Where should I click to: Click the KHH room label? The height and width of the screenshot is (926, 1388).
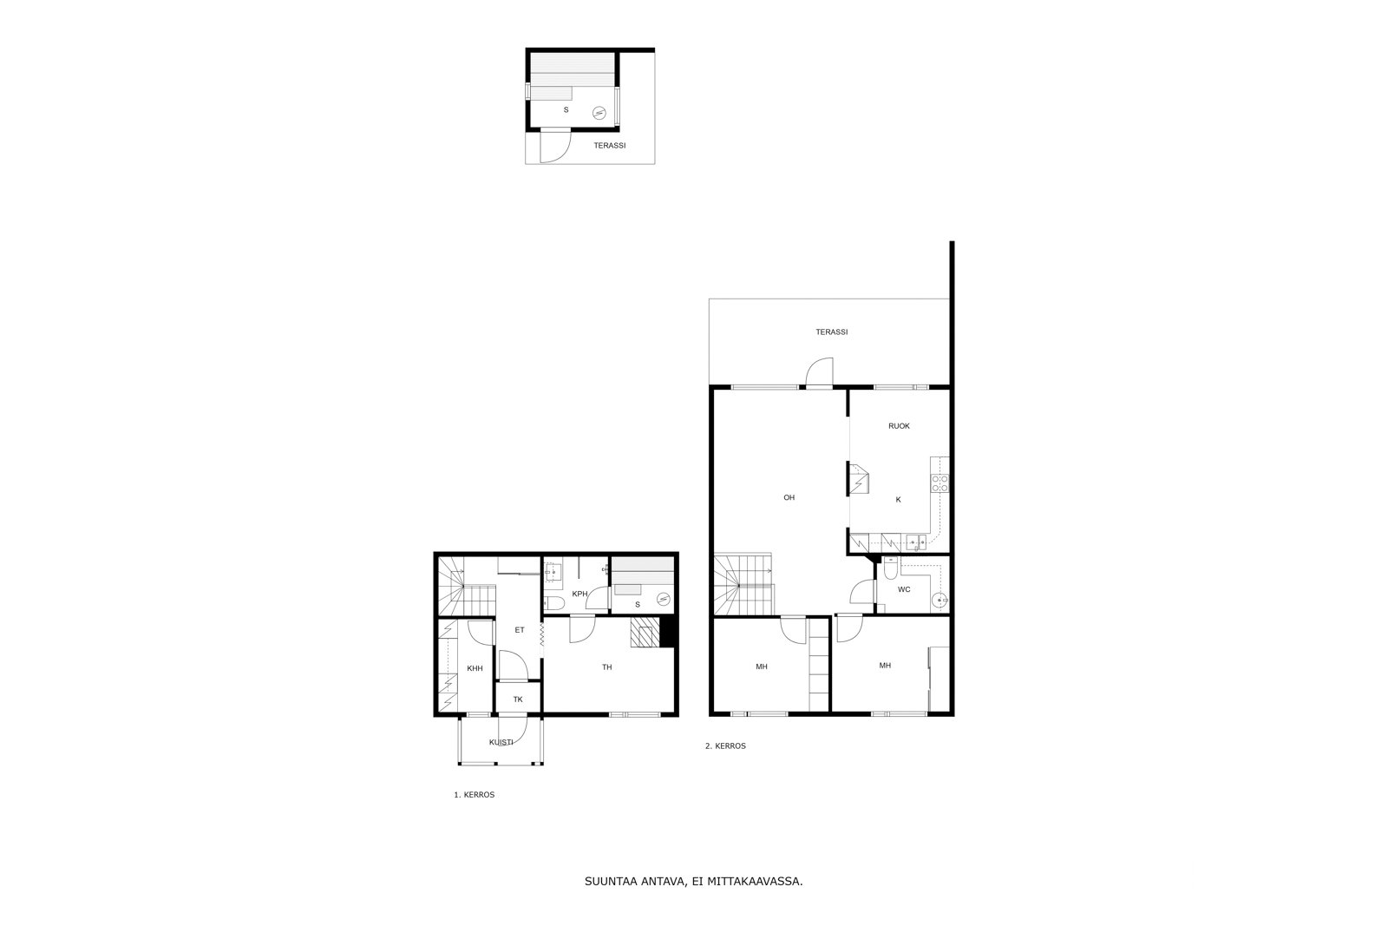475,668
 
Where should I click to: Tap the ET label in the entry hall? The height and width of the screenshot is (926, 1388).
520,630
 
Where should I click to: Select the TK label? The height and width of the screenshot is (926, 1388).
518,699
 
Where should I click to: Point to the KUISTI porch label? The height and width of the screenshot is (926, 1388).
501,742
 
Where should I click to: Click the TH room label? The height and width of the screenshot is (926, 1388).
607,667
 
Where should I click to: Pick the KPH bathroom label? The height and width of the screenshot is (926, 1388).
579,594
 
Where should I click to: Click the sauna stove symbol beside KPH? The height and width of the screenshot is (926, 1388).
664,599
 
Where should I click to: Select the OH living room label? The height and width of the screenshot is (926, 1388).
789,497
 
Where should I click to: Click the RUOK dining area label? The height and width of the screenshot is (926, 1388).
899,426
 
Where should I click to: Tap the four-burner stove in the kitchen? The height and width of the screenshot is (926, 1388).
940,483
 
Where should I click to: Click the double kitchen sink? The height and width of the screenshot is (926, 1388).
916,542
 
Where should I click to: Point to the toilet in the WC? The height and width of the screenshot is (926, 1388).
890,568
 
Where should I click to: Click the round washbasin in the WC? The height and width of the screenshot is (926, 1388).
940,600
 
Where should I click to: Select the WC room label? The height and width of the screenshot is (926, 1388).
904,589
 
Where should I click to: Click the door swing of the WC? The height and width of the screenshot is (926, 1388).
860,590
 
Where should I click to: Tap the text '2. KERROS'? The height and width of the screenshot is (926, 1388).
725,745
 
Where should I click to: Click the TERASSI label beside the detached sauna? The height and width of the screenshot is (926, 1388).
610,146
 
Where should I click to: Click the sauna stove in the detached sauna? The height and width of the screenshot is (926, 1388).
599,113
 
